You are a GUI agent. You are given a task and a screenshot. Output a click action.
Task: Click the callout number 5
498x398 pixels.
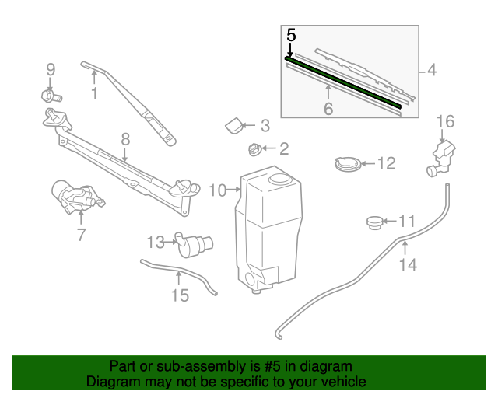[x=291, y=35]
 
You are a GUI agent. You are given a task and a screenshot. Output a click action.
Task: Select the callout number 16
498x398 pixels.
[x=444, y=120]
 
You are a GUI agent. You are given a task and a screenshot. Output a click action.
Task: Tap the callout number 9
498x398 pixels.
[x=51, y=69]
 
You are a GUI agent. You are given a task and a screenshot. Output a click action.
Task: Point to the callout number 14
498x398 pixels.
[x=408, y=265]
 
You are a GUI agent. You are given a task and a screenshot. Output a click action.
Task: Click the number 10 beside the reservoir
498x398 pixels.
[x=217, y=190]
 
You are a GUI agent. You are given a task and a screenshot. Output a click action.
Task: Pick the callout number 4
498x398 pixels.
[x=431, y=72]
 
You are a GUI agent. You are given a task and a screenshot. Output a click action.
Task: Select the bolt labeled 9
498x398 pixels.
[x=51, y=96]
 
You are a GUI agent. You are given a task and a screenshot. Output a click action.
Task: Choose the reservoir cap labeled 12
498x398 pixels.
[x=346, y=164]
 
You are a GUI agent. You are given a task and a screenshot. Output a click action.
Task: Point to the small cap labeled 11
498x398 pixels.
[x=376, y=223]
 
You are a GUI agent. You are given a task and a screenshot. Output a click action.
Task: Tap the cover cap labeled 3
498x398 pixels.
[x=234, y=124]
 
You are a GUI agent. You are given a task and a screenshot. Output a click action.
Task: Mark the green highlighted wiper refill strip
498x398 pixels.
[x=342, y=80]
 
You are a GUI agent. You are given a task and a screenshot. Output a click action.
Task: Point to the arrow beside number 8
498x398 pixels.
[x=124, y=155]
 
